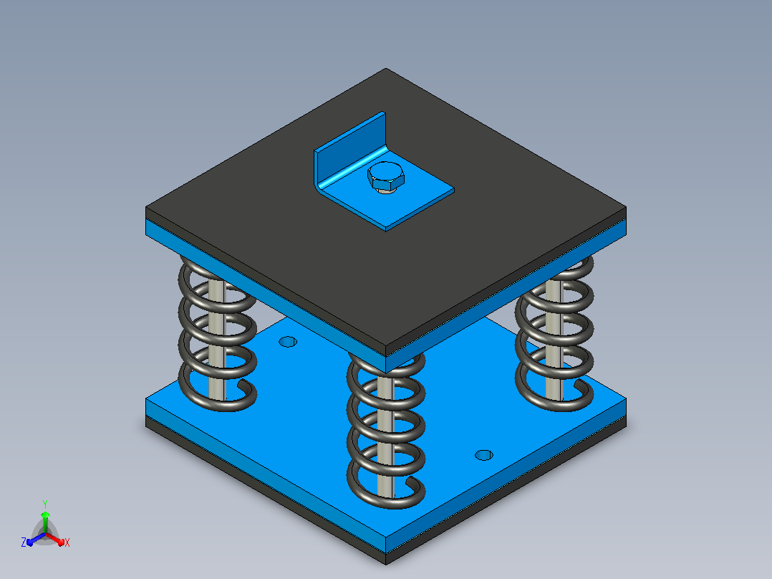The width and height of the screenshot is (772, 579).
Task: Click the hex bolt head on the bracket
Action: point(385,177)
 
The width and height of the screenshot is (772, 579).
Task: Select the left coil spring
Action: point(217,335)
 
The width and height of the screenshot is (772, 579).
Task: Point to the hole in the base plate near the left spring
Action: point(288,342)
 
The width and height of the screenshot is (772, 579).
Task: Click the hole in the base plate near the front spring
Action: point(483,455)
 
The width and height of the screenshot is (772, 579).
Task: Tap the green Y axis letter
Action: point(45,504)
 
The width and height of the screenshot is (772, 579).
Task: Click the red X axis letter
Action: point(67,542)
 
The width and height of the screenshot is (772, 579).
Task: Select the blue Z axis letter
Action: point(24,542)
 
